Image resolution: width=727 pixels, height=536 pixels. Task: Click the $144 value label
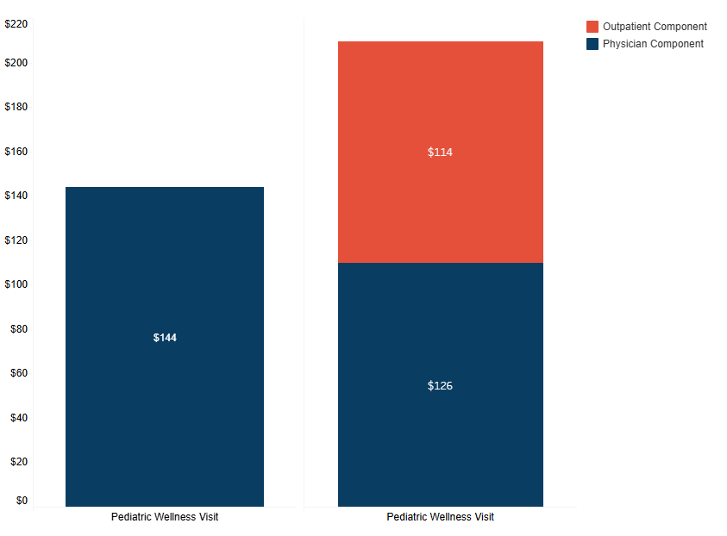pyautogui.click(x=165, y=338)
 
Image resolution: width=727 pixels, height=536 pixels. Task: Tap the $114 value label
pyautogui.click(x=440, y=153)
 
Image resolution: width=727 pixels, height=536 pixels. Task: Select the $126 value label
pyautogui.click(x=440, y=386)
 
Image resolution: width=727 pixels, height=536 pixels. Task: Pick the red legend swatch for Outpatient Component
pyautogui.click(x=592, y=27)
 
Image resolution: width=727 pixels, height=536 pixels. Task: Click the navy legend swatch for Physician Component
pyautogui.click(x=592, y=44)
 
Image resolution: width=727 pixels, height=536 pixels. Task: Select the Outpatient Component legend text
pyautogui.click(x=655, y=27)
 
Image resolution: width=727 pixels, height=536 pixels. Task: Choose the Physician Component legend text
pyautogui.click(x=653, y=44)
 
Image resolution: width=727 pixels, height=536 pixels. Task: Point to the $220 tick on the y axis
pyautogui.click(x=16, y=24)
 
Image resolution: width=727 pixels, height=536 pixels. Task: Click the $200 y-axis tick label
pyautogui.click(x=16, y=63)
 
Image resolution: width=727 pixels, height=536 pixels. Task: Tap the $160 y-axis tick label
pyautogui.click(x=16, y=152)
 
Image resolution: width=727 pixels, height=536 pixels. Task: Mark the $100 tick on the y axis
pyautogui.click(x=16, y=284)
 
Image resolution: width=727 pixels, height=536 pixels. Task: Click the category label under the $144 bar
pyautogui.click(x=165, y=517)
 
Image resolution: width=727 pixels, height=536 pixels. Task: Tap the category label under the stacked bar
pyautogui.click(x=440, y=517)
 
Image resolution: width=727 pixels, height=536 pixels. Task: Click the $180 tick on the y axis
pyautogui.click(x=16, y=107)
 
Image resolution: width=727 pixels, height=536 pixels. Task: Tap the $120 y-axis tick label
pyautogui.click(x=16, y=240)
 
